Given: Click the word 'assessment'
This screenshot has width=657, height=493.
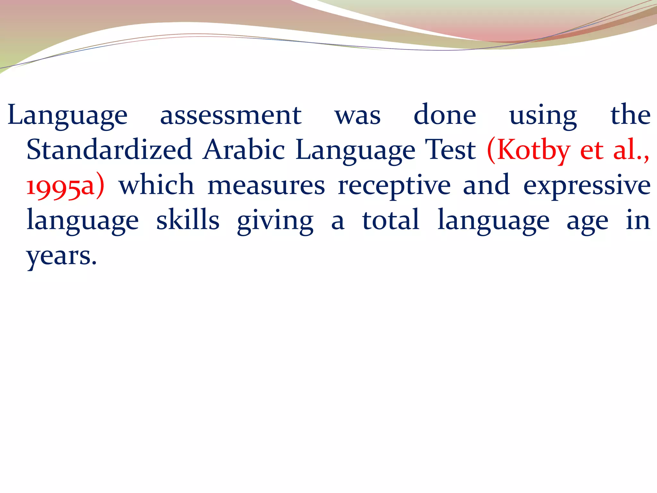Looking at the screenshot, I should [230, 116].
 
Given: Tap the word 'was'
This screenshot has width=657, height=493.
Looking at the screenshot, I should [358, 116].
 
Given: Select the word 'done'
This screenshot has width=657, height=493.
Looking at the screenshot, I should [445, 116].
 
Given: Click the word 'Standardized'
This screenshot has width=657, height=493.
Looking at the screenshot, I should [109, 150].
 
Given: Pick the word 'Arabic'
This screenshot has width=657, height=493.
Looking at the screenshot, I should [244, 150].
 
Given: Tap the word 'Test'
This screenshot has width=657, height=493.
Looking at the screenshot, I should [450, 150].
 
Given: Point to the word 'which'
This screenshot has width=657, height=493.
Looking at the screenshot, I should [157, 185].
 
